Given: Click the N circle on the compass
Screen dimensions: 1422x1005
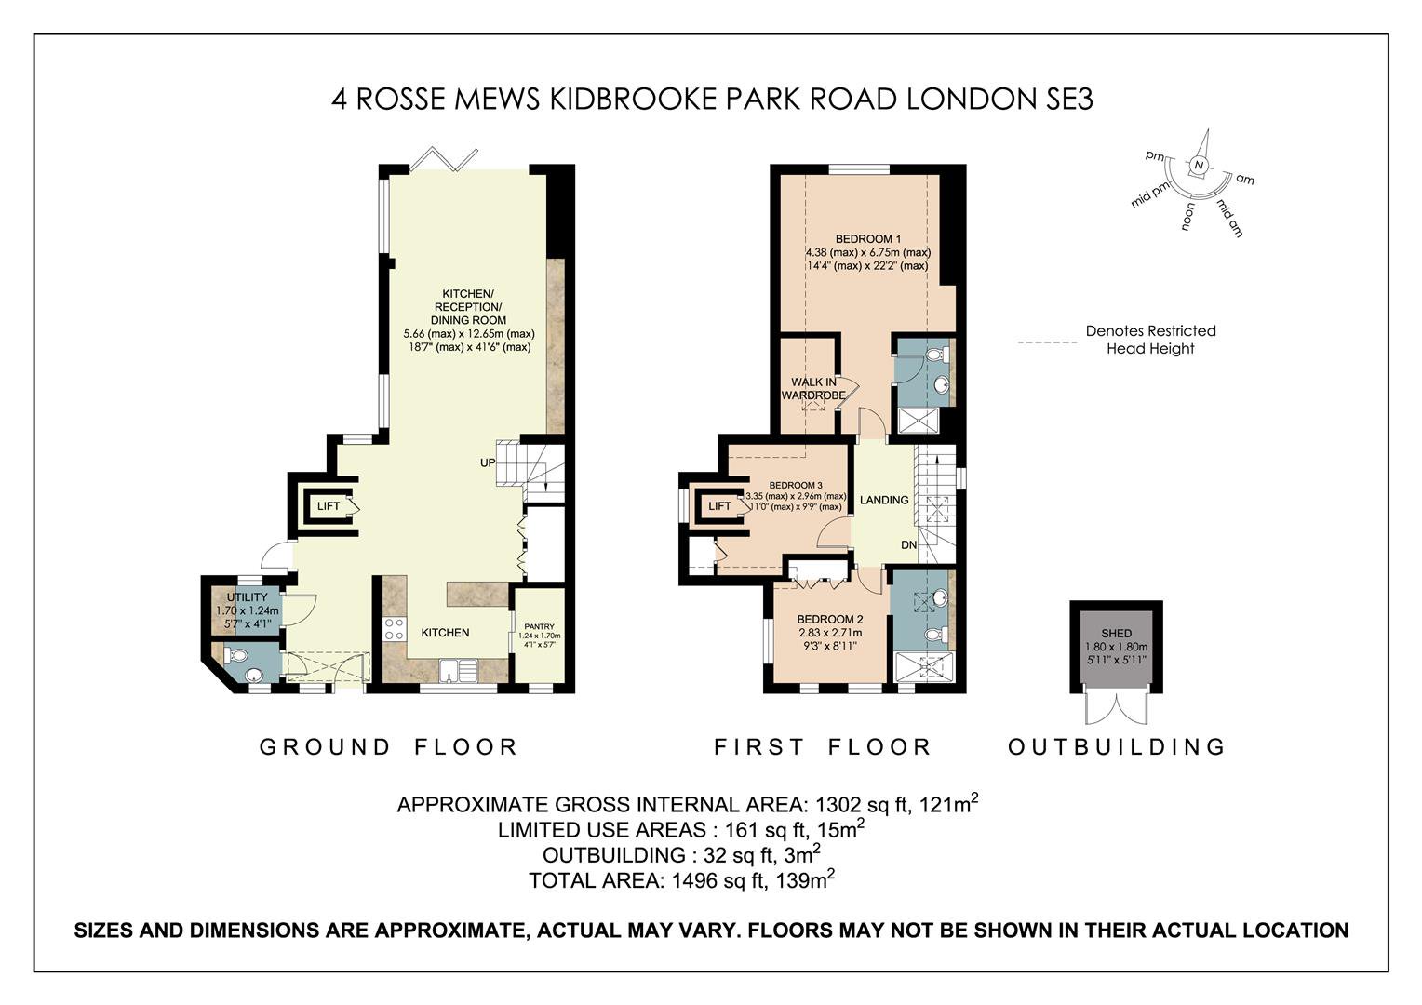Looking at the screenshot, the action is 1199,166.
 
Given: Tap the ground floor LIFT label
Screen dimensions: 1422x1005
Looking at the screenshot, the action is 329,506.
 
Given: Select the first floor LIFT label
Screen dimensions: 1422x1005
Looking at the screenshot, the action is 720,506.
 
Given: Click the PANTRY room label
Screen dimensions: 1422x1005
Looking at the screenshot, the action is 539,626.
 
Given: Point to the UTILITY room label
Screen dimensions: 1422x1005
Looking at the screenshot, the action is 247,597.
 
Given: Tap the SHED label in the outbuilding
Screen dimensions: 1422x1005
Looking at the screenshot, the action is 1116,633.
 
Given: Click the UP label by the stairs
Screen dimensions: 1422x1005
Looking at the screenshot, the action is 488,462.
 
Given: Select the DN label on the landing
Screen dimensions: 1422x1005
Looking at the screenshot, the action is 909,544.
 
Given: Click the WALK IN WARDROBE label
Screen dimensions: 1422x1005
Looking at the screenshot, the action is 813,389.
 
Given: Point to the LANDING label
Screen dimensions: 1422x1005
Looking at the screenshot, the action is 884,501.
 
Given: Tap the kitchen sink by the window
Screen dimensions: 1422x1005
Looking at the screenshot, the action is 459,670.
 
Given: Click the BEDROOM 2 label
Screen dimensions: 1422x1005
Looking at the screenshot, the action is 830,619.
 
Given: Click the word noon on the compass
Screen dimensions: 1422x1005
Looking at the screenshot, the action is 1187,216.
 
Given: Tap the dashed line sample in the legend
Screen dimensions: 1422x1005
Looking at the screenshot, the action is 1048,342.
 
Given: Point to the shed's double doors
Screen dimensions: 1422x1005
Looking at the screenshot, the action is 1117,708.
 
